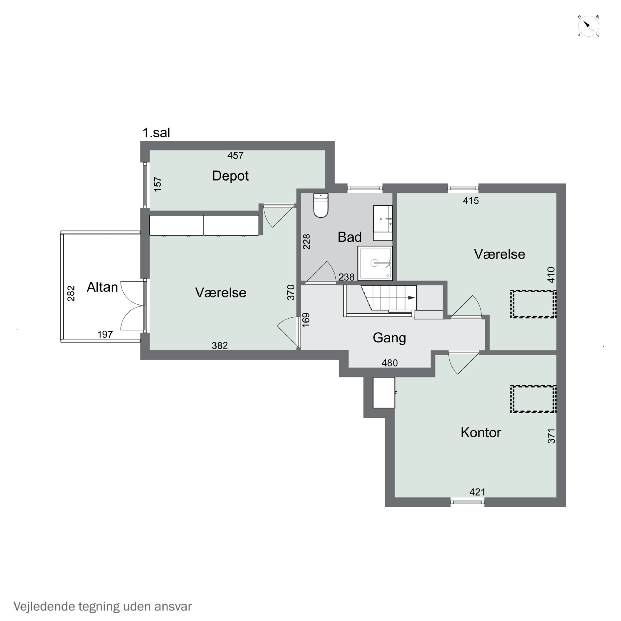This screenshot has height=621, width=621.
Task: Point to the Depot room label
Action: coord(230,176)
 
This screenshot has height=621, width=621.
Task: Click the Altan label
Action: coord(102,287)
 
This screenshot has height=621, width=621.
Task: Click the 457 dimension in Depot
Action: coord(235,156)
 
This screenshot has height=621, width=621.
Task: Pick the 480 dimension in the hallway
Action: coord(390,363)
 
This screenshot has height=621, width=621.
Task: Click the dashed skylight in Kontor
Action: coord(533,399)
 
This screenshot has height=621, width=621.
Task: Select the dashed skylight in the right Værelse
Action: coord(533,304)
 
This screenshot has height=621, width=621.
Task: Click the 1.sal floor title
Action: coord(156,133)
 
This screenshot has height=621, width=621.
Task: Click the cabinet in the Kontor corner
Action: coord(384,392)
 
